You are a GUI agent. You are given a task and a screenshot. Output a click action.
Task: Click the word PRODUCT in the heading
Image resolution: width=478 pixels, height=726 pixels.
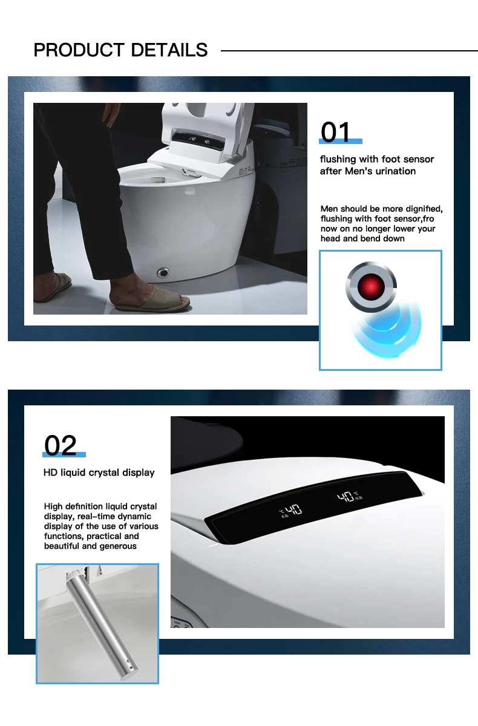point(79,50)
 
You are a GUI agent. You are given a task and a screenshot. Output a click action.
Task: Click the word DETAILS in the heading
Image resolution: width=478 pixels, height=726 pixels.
point(169,50)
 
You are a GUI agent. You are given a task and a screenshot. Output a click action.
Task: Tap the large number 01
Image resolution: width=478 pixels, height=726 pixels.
point(335,132)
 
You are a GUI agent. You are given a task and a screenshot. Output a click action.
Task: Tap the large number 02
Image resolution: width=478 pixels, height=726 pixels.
point(61,445)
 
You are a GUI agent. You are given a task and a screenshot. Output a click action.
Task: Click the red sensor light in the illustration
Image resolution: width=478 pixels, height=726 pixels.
point(371,287)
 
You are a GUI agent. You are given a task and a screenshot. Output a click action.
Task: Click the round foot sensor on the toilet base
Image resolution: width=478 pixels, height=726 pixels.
point(163,272)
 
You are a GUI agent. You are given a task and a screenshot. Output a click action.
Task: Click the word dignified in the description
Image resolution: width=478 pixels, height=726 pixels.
point(424,209)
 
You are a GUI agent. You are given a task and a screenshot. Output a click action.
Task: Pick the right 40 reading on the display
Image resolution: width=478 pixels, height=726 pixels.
point(345,497)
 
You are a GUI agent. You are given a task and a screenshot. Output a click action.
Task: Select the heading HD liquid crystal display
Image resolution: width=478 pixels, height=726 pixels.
point(99,473)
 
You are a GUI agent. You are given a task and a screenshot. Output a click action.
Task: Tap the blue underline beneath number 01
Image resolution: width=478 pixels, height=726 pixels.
point(341,142)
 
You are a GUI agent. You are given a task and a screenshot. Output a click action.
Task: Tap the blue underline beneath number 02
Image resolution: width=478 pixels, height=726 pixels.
point(64,455)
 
